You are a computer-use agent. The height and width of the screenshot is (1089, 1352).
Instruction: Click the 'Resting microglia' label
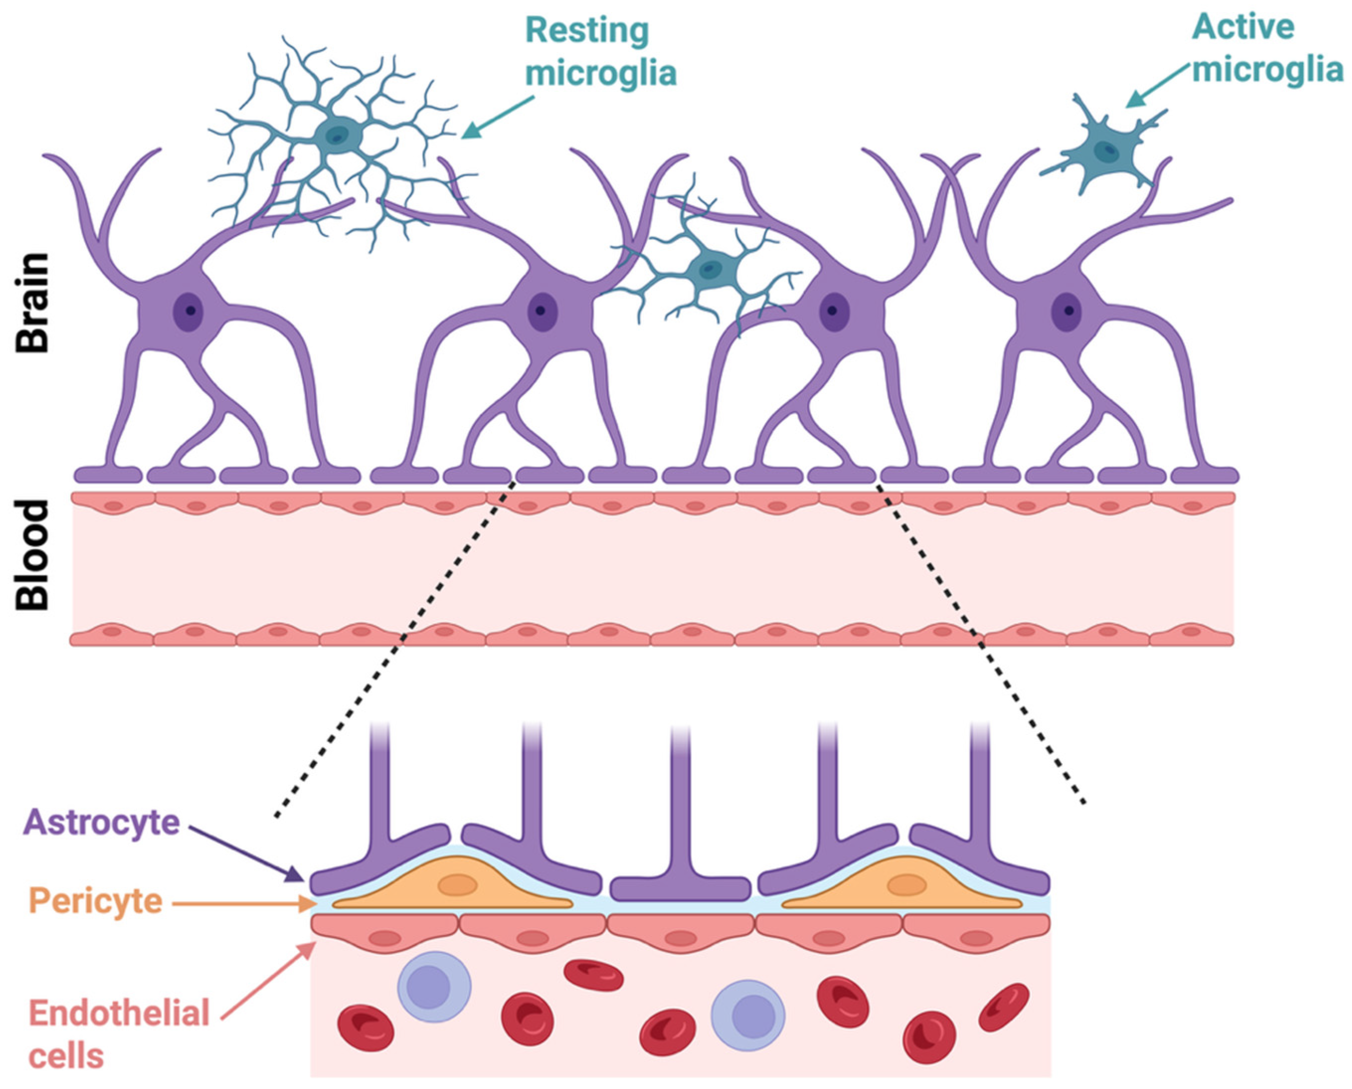click(x=600, y=51)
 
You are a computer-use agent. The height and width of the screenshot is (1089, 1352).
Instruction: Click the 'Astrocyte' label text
click(x=101, y=823)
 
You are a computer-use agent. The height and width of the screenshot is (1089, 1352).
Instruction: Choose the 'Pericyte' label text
click(x=96, y=902)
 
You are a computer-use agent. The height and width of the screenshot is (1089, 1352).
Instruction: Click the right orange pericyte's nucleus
click(x=907, y=885)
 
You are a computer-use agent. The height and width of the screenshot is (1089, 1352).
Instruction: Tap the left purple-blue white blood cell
click(x=433, y=987)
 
